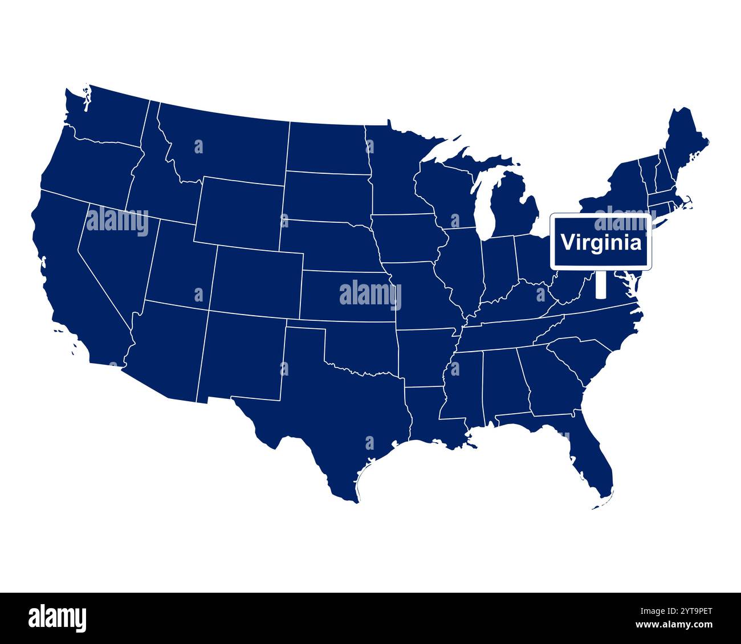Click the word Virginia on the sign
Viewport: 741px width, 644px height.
coord(601,242)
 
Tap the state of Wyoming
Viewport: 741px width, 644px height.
coord(239,211)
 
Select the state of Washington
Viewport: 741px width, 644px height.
coord(108,117)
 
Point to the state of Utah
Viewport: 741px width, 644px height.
coord(180,262)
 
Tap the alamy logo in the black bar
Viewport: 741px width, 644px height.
coord(57,618)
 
